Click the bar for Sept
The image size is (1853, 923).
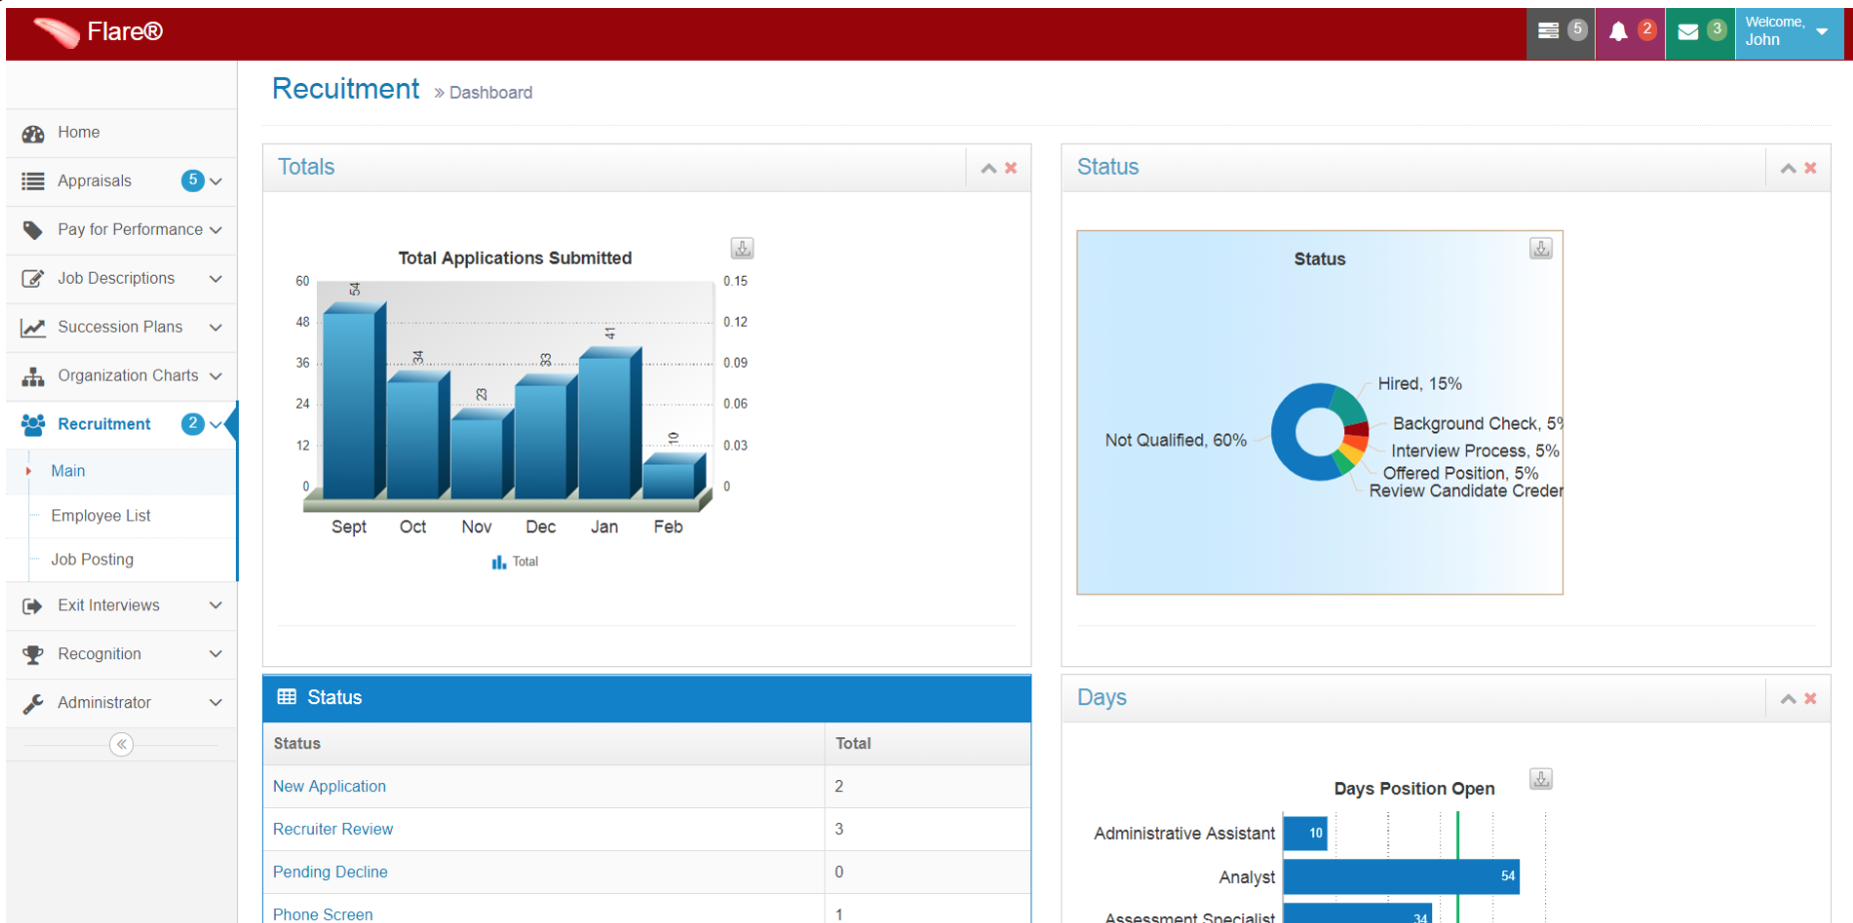click(350, 405)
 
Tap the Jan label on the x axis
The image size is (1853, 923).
click(605, 526)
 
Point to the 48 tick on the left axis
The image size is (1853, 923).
click(303, 322)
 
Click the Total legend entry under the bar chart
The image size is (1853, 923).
click(515, 562)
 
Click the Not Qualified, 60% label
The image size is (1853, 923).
click(1175, 441)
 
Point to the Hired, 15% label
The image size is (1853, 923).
click(1419, 384)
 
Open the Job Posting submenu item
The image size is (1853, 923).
click(92, 559)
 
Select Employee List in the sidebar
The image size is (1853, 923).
click(101, 515)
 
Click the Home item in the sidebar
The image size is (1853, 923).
click(78, 132)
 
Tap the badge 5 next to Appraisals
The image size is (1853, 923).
click(193, 181)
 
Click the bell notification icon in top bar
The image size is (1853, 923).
click(1618, 32)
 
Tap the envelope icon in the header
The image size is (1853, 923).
click(1688, 32)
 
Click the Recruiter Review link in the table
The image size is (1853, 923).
click(333, 829)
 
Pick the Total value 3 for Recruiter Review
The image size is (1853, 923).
click(840, 829)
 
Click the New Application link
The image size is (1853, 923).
click(329, 786)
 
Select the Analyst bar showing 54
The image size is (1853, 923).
click(1399, 876)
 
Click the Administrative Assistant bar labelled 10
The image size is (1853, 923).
click(1304, 833)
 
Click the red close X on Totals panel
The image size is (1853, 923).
click(1011, 168)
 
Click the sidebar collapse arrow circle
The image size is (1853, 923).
click(121, 744)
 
